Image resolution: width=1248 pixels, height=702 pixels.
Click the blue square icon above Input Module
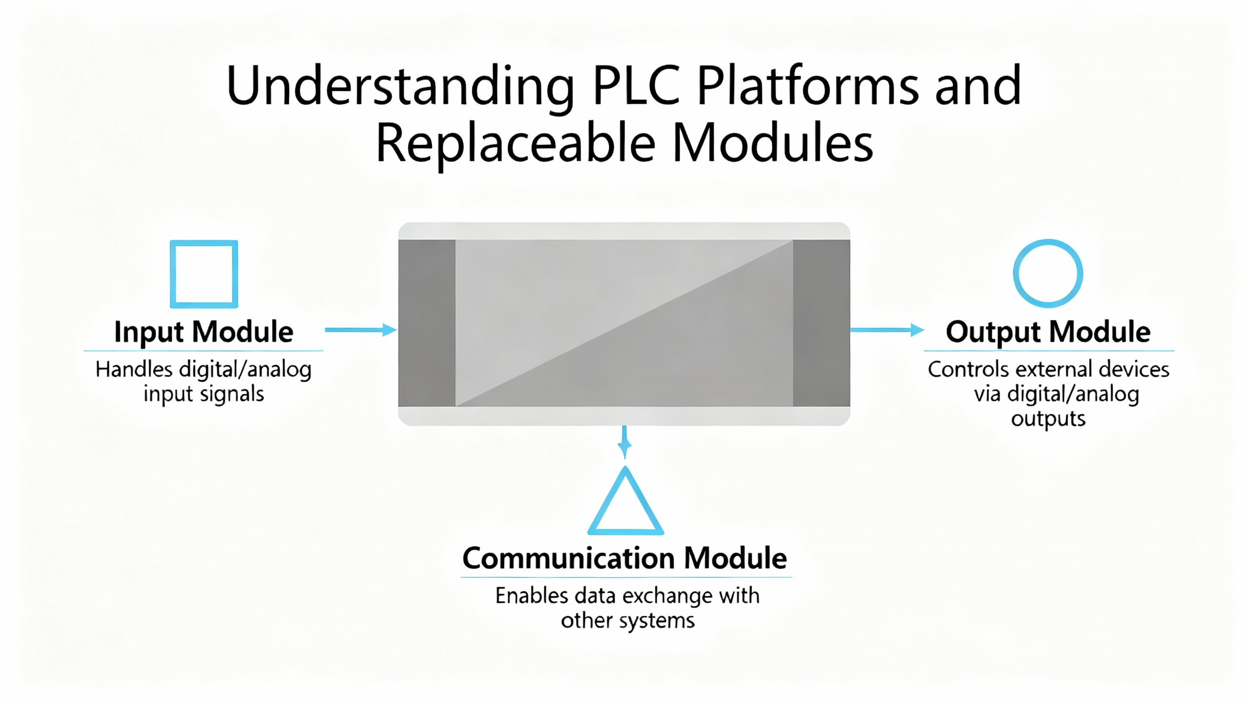pos(204,274)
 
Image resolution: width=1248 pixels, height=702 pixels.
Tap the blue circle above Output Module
pos(1048,273)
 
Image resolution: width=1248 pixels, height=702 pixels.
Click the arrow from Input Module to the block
pos(360,330)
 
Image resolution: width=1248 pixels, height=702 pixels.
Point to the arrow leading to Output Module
pos(887,330)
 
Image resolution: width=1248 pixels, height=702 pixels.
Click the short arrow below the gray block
pos(624,443)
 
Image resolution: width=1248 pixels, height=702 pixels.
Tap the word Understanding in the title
pos(400,87)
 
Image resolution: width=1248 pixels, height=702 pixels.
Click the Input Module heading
pos(204,332)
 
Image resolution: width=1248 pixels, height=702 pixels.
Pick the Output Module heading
pos(1048,332)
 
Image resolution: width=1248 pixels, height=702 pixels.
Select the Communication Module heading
pos(624,558)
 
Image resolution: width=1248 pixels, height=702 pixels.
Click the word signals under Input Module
pos(232,394)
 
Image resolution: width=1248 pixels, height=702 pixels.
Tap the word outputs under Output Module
pos(1048,419)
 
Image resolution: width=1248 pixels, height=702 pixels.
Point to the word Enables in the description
pos(531,596)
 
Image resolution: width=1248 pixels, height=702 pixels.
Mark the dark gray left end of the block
pos(427,323)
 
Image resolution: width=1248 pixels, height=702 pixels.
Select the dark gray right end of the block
pos(821,323)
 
